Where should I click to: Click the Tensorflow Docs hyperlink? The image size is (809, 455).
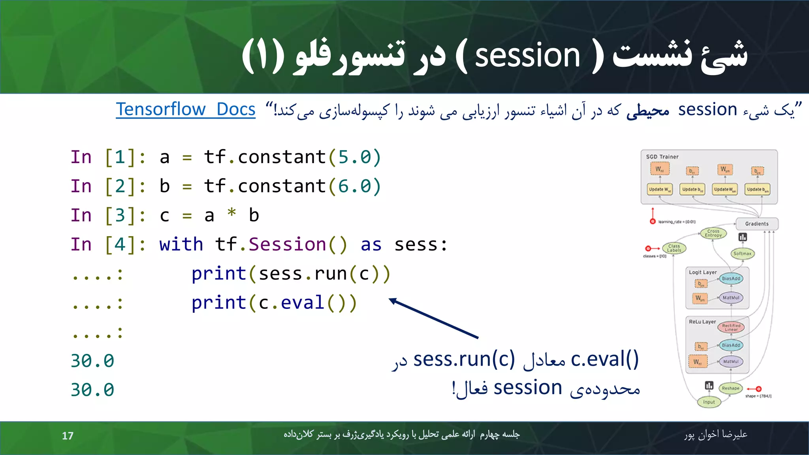tap(186, 109)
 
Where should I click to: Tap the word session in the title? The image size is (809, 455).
tap(527, 56)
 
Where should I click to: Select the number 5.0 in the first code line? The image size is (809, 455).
tap(354, 157)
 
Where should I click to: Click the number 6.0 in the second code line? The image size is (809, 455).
tap(354, 186)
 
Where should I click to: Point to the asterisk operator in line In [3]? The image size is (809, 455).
tap(231, 214)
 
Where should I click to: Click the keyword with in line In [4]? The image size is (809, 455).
tap(181, 244)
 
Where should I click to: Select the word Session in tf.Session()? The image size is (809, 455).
tap(287, 244)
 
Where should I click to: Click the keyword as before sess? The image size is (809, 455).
tap(371, 245)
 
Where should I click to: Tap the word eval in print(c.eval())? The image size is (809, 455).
tap(303, 303)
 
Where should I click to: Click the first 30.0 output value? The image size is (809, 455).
tap(92, 361)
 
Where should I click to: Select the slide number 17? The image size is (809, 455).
tap(68, 436)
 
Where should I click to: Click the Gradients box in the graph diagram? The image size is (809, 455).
tap(756, 224)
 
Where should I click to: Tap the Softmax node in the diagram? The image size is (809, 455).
tap(742, 254)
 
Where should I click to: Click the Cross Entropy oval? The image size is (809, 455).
tap(713, 233)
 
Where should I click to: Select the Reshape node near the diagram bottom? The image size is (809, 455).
tap(730, 388)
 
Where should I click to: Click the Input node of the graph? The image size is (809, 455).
tap(709, 402)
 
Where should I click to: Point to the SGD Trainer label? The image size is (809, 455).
tap(662, 157)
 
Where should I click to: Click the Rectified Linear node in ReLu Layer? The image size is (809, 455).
tap(731, 327)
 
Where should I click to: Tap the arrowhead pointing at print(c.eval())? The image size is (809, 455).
tap(393, 301)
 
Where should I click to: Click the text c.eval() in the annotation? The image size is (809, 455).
tap(604, 359)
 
